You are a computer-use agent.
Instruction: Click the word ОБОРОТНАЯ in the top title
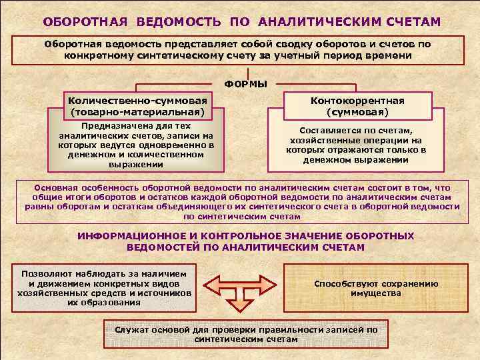pyautogui.click(x=85, y=22)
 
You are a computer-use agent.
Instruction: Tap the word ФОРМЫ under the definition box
pyautogui.click(x=245, y=84)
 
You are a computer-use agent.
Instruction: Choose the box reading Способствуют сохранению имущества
pyautogui.click(x=376, y=288)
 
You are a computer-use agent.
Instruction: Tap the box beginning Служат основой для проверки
pyautogui.click(x=245, y=335)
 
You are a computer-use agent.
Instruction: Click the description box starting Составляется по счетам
pyautogui.click(x=356, y=145)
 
